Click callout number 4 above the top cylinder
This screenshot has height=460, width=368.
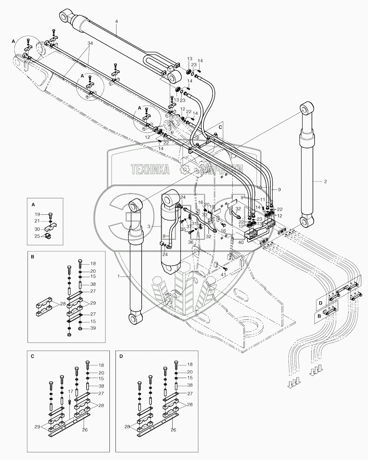[117, 21]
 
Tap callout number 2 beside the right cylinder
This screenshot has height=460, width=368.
[325, 181]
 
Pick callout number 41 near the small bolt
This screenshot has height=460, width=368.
[223, 274]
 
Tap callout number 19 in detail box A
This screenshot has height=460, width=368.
[38, 214]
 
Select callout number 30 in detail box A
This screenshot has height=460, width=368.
[38, 229]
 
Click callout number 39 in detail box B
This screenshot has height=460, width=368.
[93, 328]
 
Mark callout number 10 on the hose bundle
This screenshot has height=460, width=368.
[260, 187]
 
